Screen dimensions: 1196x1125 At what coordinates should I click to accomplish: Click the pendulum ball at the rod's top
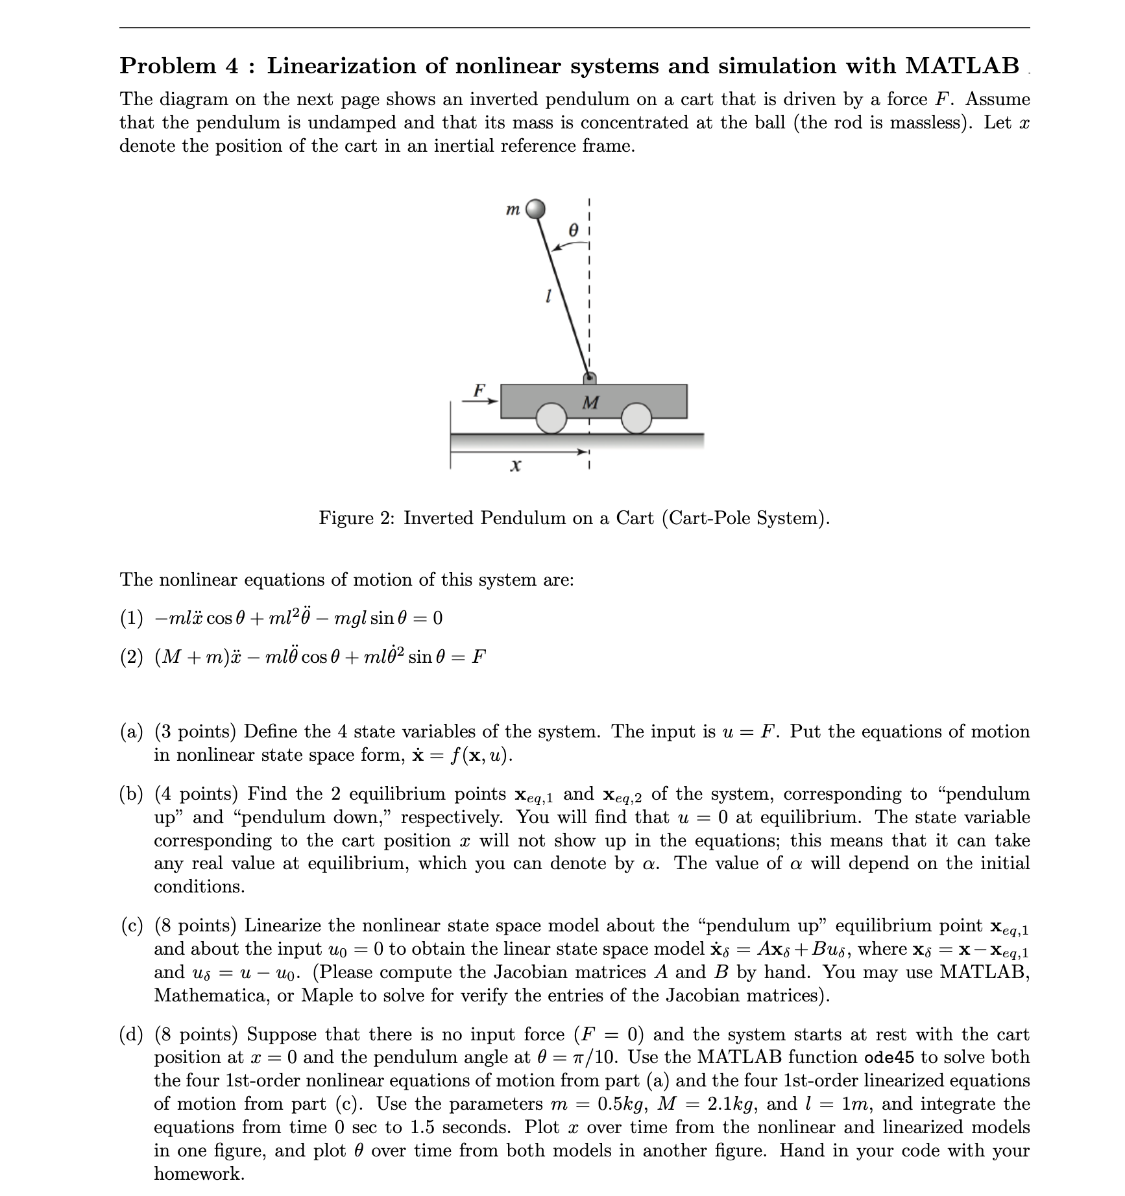535,209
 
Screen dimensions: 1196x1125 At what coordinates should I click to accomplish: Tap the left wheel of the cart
552,418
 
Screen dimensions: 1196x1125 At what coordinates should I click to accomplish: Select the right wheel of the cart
636,418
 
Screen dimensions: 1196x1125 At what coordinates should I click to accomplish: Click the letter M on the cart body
590,403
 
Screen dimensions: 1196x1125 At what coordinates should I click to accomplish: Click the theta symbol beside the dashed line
572,230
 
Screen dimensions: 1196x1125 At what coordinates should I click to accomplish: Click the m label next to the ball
513,209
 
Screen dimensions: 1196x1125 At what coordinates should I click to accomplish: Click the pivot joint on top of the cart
589,378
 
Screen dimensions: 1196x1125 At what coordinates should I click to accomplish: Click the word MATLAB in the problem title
962,66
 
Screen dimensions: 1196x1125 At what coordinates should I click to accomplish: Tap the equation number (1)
131,618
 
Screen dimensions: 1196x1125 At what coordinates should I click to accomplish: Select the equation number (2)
131,657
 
